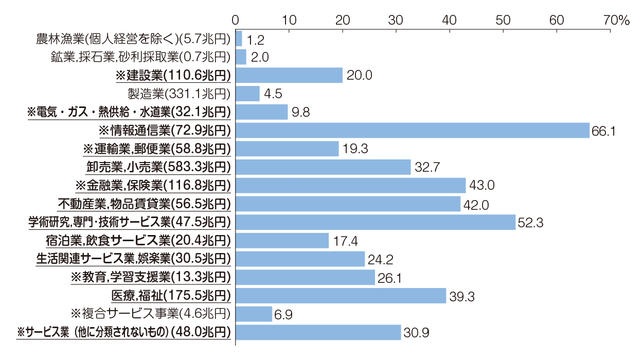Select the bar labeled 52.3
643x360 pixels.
pos(376,222)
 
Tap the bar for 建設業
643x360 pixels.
pos(289,76)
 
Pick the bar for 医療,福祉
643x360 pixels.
pos(341,296)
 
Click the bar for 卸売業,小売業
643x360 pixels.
pos(323,167)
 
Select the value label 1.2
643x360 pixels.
pos(256,39)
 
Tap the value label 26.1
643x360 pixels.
pos(391,278)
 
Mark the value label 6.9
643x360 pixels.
pos(283,314)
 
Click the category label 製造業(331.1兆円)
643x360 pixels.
pos(178,94)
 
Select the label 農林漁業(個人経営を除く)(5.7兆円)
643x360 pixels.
pos(133,39)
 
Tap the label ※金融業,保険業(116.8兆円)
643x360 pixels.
pos(153,185)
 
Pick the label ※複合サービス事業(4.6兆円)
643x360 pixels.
pos(149,314)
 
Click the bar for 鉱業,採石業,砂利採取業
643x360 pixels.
pos(241,57)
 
